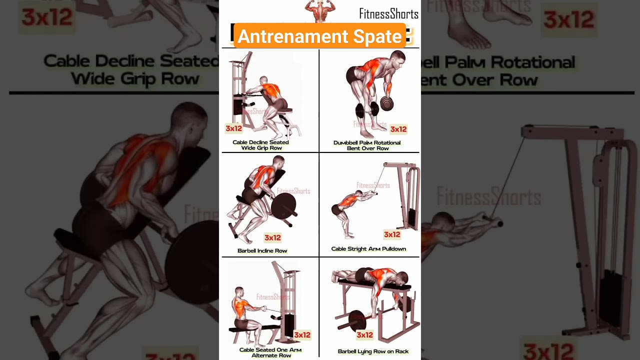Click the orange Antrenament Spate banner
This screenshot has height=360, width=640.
tap(319, 36)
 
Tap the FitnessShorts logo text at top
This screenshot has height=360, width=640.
tap(388, 13)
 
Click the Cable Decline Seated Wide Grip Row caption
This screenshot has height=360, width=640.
tap(261, 145)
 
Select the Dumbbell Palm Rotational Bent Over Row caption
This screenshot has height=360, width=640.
tap(367, 145)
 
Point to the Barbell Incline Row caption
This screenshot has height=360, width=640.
tap(262, 250)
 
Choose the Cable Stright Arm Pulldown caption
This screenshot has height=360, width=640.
tap(368, 248)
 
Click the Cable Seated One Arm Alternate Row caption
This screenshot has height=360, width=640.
tap(270, 352)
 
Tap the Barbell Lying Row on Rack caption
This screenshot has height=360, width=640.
tap(373, 351)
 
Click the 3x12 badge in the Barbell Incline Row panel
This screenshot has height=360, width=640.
tap(272, 237)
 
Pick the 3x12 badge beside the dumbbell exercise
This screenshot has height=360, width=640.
tap(398, 129)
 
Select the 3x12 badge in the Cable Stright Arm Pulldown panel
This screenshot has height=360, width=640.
tap(392, 234)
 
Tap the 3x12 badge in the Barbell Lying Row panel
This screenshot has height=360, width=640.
tap(364, 334)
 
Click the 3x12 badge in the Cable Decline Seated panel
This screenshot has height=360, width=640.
tap(233, 128)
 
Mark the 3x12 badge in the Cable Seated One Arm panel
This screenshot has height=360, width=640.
tap(302, 334)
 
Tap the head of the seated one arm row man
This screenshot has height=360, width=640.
tap(239, 292)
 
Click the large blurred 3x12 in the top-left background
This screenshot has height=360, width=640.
tap(47, 17)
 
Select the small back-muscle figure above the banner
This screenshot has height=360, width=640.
tap(319, 10)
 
